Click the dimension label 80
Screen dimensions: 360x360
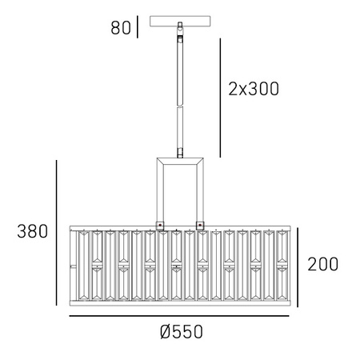click(x=121, y=28)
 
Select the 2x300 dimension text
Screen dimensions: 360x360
click(x=254, y=89)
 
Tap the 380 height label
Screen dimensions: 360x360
click(x=33, y=231)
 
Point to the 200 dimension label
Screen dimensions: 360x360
click(x=323, y=264)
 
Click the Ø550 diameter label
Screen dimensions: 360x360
click(x=182, y=332)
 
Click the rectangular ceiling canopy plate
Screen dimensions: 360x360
click(x=180, y=22)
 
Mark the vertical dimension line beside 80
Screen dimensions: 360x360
click(x=138, y=26)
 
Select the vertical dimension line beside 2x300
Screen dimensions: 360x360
click(x=220, y=98)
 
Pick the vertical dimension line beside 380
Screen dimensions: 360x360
click(x=57, y=233)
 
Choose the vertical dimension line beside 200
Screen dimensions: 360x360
click(x=298, y=267)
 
